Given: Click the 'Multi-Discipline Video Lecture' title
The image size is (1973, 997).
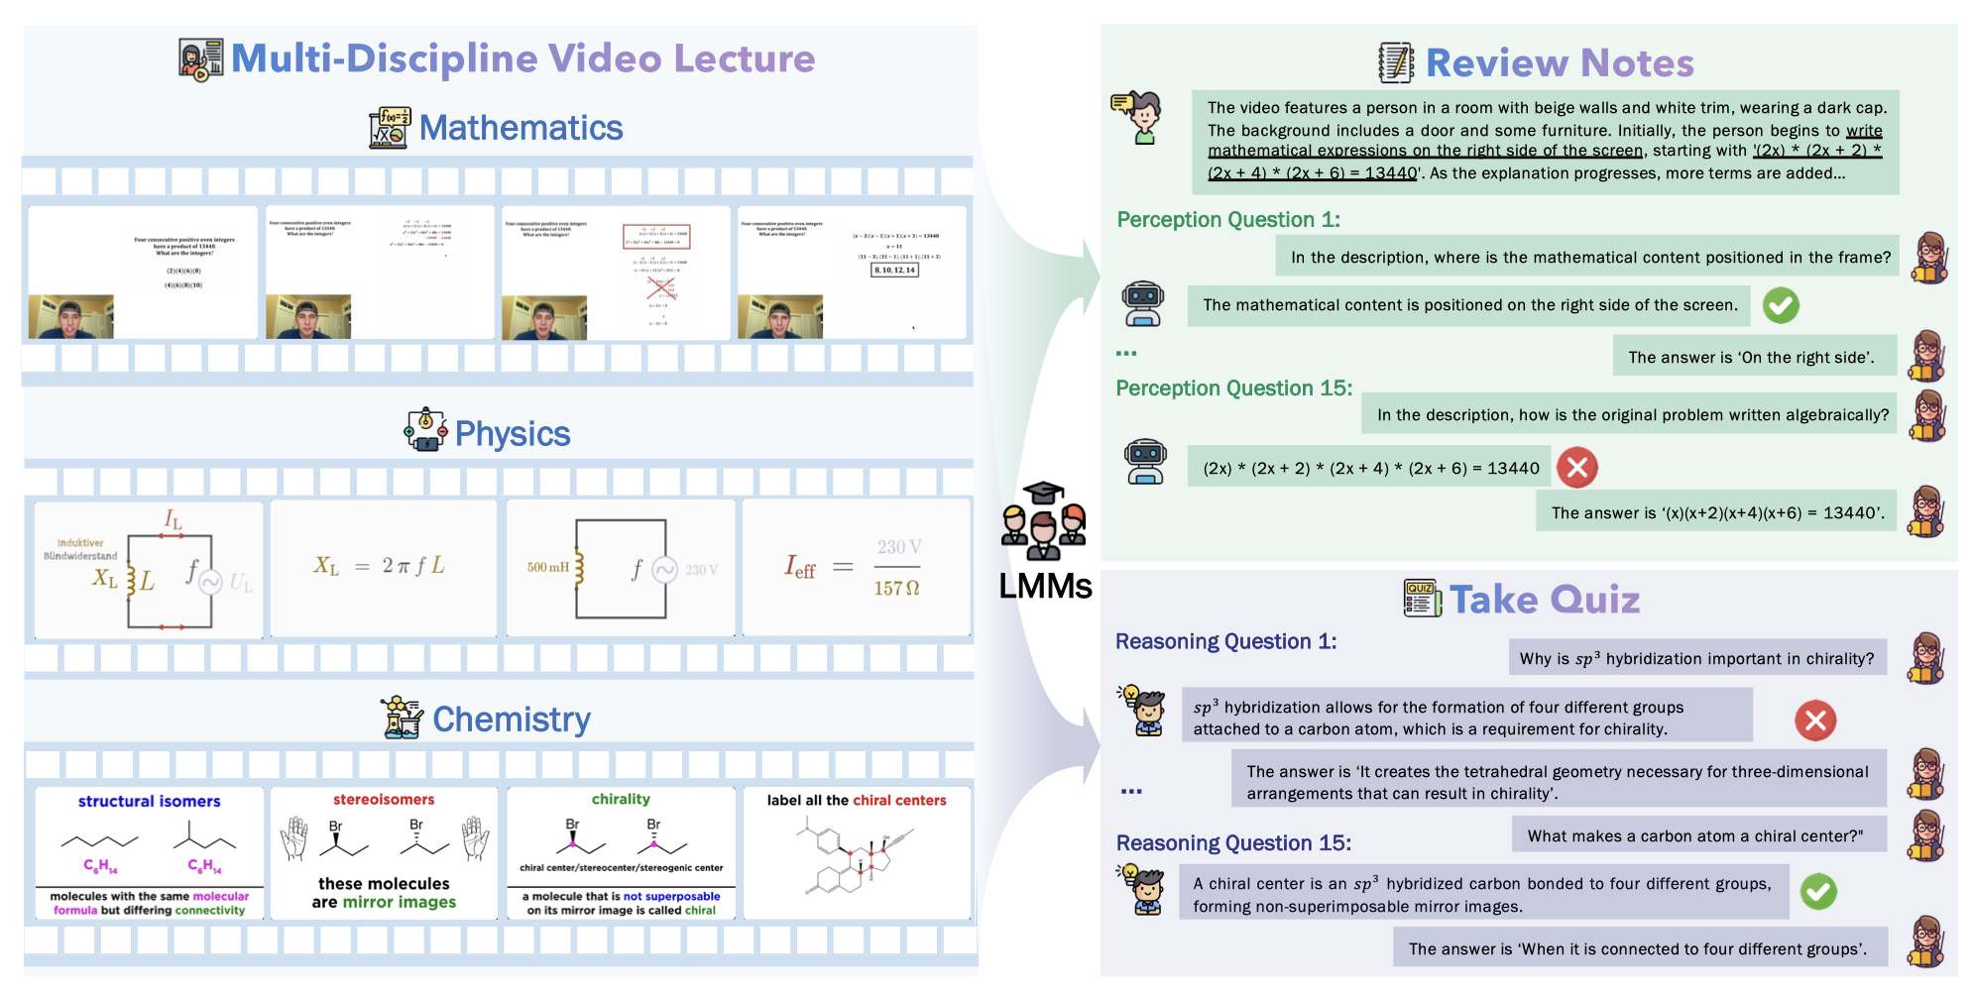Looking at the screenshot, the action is (522, 58).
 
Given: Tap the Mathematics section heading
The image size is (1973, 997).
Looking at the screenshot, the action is (521, 128).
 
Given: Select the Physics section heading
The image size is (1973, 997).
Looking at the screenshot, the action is (512, 434).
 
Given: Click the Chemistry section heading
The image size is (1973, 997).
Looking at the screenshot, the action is (511, 720).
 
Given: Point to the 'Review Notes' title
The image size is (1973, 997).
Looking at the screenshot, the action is (1559, 63).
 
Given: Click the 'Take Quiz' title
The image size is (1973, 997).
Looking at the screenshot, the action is (1544, 600).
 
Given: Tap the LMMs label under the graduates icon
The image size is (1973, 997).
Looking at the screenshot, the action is (1045, 587).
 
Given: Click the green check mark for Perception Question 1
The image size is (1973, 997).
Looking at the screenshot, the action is (1781, 305).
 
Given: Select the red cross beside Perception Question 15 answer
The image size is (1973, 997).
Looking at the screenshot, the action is (1576, 468).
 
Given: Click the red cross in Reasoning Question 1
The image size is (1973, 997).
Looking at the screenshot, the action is (1815, 720).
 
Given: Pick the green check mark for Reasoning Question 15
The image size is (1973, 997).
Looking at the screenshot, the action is (1818, 892).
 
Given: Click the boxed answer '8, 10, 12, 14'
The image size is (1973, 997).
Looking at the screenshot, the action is (894, 270).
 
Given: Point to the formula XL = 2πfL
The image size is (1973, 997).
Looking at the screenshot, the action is (380, 566).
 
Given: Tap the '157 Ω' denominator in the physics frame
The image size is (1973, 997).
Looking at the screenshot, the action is (896, 589).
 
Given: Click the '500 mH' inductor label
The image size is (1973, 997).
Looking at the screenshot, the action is (547, 567).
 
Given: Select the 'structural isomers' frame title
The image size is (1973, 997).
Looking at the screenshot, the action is (149, 801).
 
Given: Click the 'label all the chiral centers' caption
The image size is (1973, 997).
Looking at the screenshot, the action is (857, 800).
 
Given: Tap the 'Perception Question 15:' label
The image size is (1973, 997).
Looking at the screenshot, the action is (1233, 388).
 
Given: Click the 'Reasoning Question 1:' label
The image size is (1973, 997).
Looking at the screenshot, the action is (1225, 642).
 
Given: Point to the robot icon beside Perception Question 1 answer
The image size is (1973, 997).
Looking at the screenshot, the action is (1143, 303).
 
